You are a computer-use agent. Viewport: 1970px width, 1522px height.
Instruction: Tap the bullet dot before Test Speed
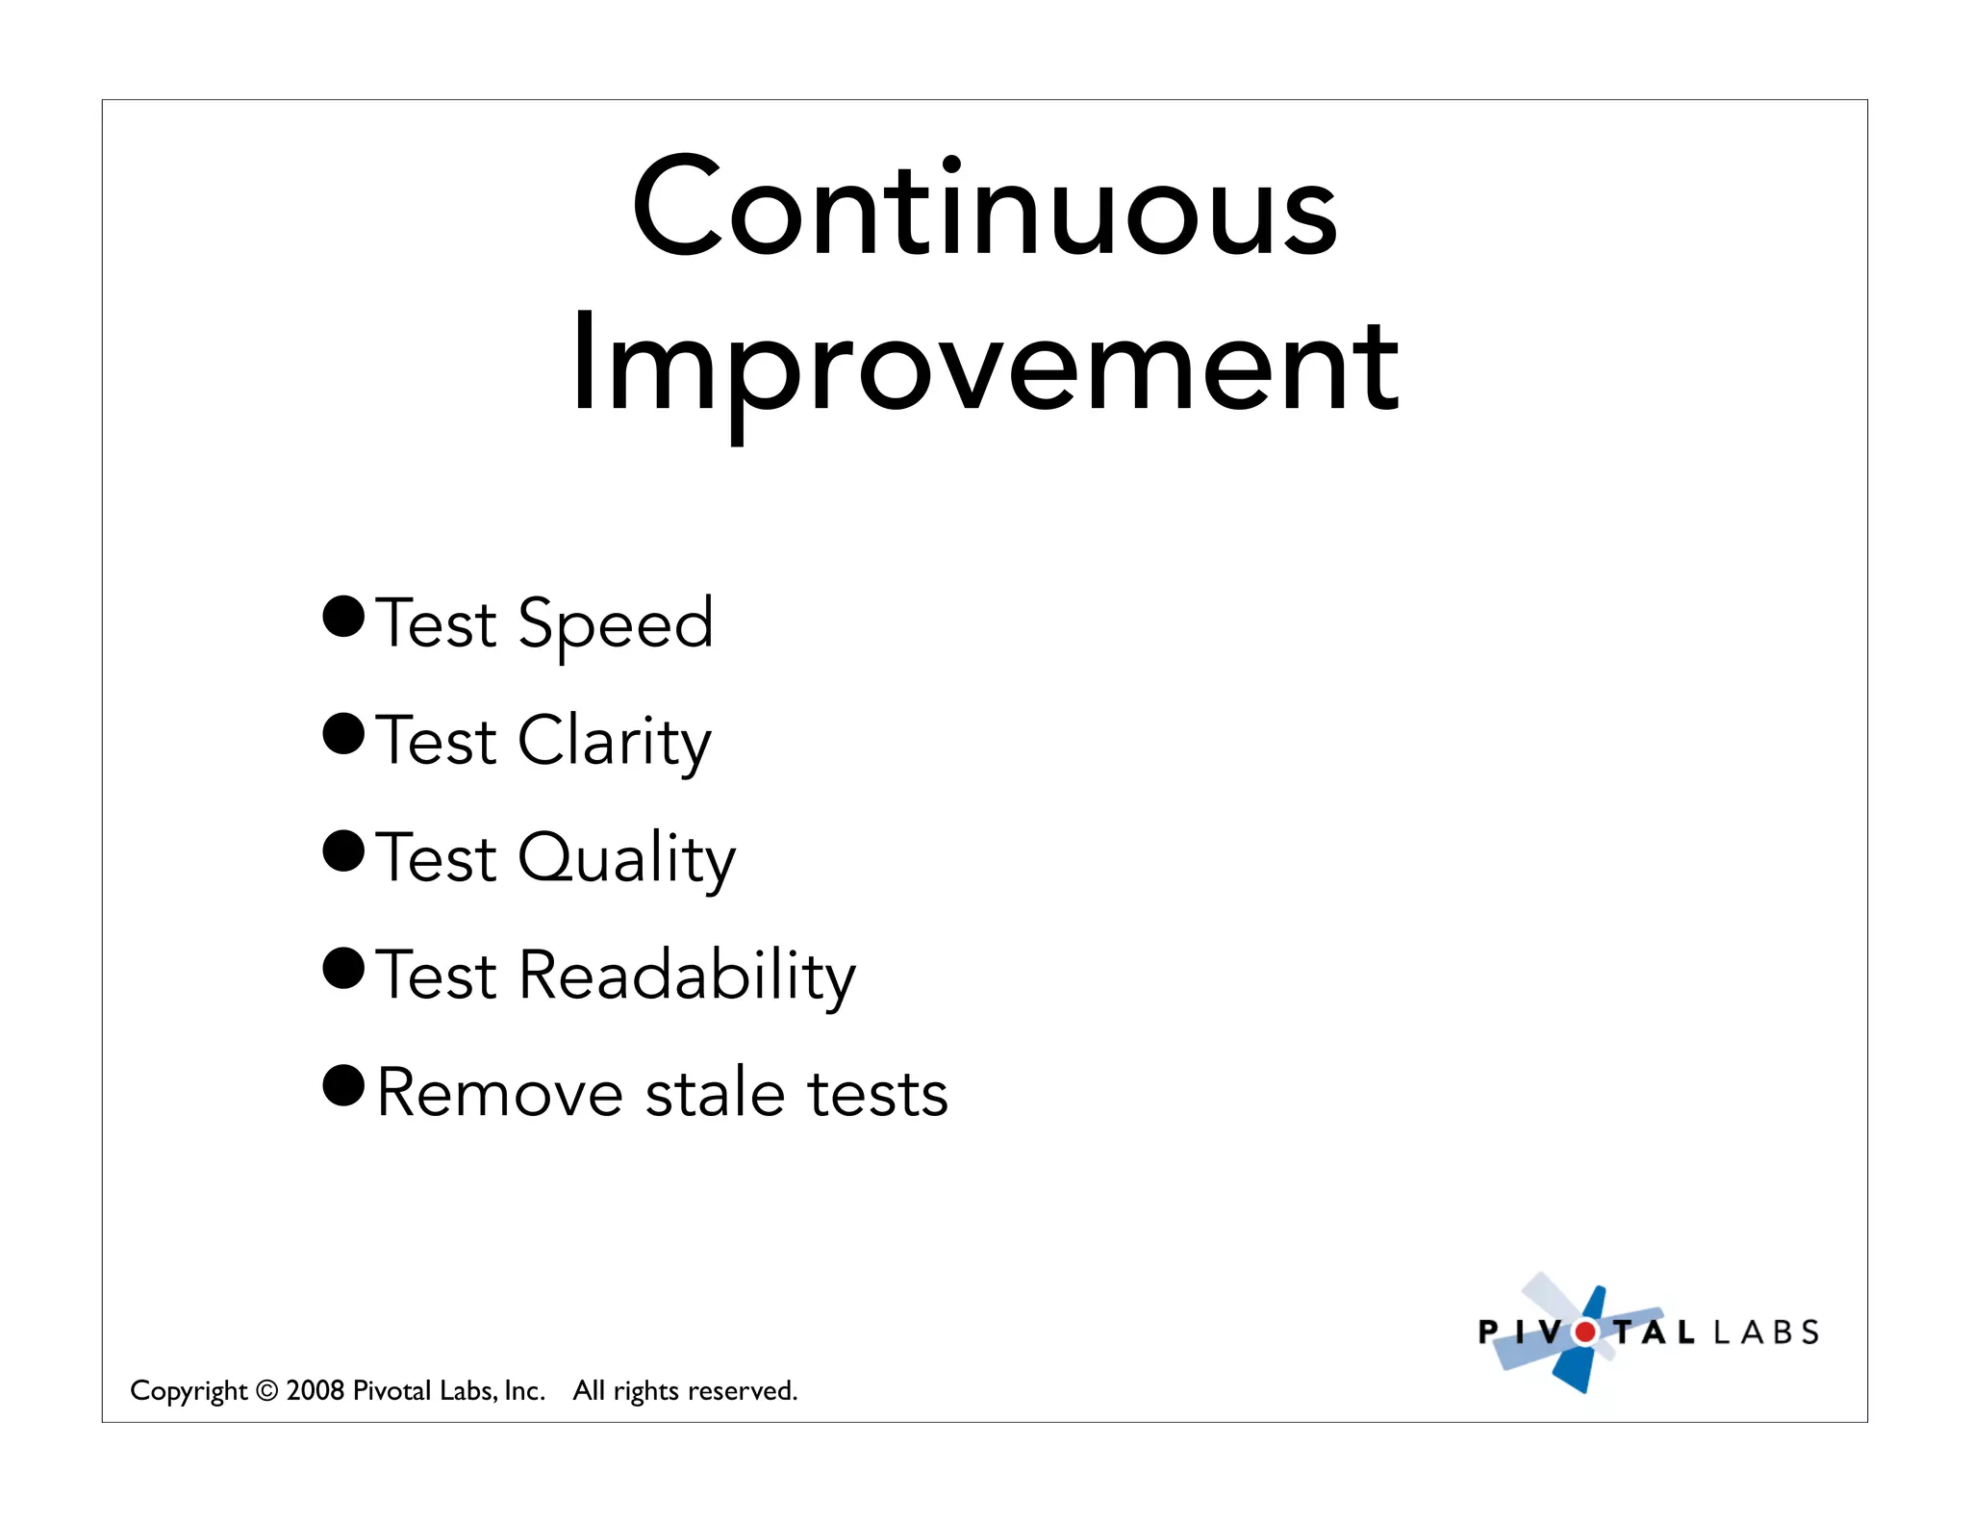343,617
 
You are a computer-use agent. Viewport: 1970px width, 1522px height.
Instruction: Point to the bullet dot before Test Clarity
343,734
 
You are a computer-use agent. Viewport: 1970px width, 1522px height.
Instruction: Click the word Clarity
615,742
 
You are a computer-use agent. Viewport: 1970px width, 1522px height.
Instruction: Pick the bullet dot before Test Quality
343,851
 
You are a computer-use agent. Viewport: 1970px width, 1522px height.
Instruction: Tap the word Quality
626,858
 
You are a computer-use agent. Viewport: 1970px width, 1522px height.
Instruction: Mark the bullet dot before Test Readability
343,969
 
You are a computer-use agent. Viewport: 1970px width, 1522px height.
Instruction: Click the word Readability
686,976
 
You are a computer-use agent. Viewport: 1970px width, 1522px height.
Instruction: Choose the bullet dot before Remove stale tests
343,1086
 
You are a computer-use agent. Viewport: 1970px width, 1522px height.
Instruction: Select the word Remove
500,1094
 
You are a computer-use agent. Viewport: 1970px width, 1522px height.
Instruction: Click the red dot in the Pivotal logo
1584,1332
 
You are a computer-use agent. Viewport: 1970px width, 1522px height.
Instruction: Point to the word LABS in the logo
1766,1332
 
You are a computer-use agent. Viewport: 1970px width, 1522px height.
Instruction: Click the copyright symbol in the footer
267,1391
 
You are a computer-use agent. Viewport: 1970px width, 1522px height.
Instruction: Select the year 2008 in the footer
316,1390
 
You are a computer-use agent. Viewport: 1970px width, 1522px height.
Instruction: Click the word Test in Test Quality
436,858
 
